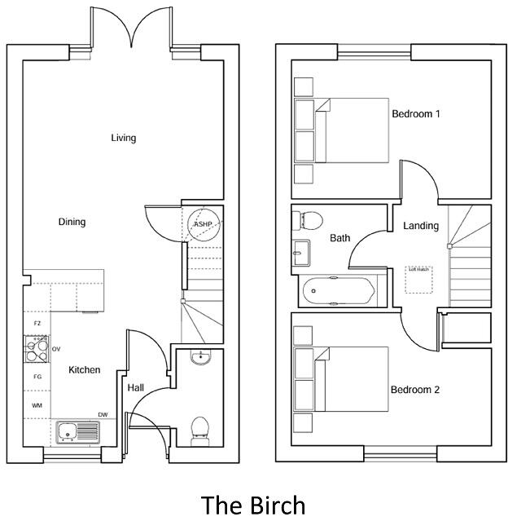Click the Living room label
(x=124, y=138)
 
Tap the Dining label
(x=72, y=222)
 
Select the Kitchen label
(x=85, y=370)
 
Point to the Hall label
(x=135, y=387)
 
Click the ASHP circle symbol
(x=202, y=223)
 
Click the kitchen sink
(x=77, y=431)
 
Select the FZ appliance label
(x=37, y=324)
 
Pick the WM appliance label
(x=37, y=405)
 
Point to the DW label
(x=103, y=415)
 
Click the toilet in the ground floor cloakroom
(x=199, y=431)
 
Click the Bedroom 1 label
(x=416, y=114)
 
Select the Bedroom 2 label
(x=415, y=390)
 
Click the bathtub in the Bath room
(x=338, y=291)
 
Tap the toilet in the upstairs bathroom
(x=309, y=219)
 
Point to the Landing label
(x=421, y=226)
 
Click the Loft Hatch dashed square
(x=418, y=280)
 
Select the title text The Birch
(x=253, y=505)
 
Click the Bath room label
(x=340, y=238)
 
